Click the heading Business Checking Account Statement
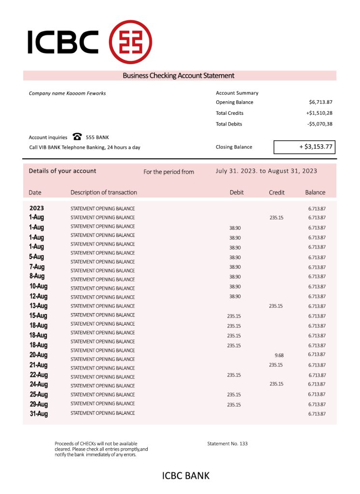[179, 76]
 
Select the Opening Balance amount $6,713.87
[320, 102]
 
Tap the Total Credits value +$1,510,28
[319, 113]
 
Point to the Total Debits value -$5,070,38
[319, 124]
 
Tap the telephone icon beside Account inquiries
[77, 137]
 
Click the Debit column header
[236, 192]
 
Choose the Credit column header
[277, 192]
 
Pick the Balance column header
[315, 192]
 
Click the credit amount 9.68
[279, 355]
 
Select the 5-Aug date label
[37, 257]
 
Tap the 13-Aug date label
[38, 306]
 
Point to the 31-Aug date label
[38, 414]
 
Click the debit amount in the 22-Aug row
[234, 375]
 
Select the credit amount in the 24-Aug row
[276, 384]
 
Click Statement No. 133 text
[227, 443]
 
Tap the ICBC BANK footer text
[186, 476]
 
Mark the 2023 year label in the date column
[37, 208]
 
